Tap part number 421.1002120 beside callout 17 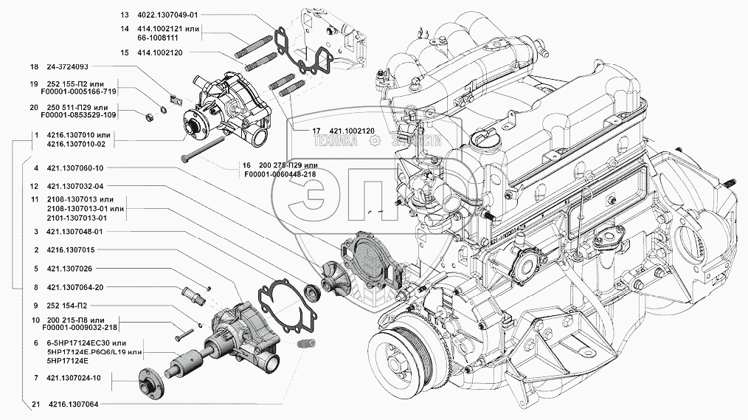(x=343, y=131)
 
